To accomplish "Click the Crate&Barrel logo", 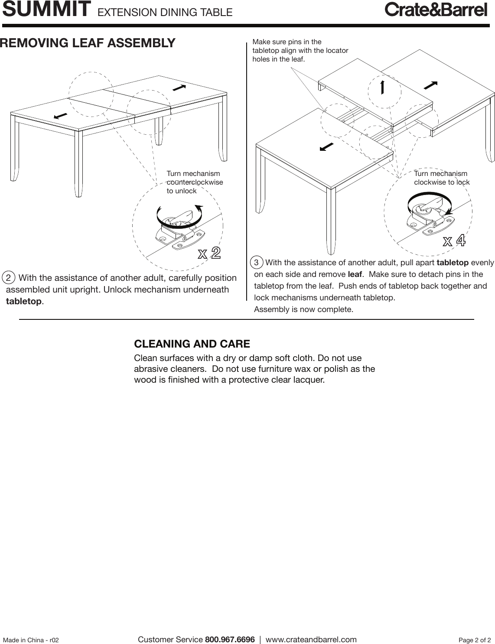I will pos(436,10).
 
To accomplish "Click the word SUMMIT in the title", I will pos(47,10).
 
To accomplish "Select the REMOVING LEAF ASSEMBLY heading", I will pos(88,43).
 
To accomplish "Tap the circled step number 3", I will pos(257,263).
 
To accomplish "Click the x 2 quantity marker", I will pos(210,253).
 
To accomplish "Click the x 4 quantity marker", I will pos(454,241).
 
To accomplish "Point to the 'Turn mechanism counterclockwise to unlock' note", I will pos(195,182).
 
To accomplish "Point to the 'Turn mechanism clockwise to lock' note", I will pos(441,178).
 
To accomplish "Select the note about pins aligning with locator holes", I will pos(300,50).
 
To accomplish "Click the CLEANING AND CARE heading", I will pos(192,344).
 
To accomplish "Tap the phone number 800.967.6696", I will pos(230,640).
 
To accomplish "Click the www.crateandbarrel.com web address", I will pos(311,640).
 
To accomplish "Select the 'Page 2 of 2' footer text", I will pos(475,640).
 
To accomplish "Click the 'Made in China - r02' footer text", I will pos(31,640).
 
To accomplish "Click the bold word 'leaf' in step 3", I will pos(355,274).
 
